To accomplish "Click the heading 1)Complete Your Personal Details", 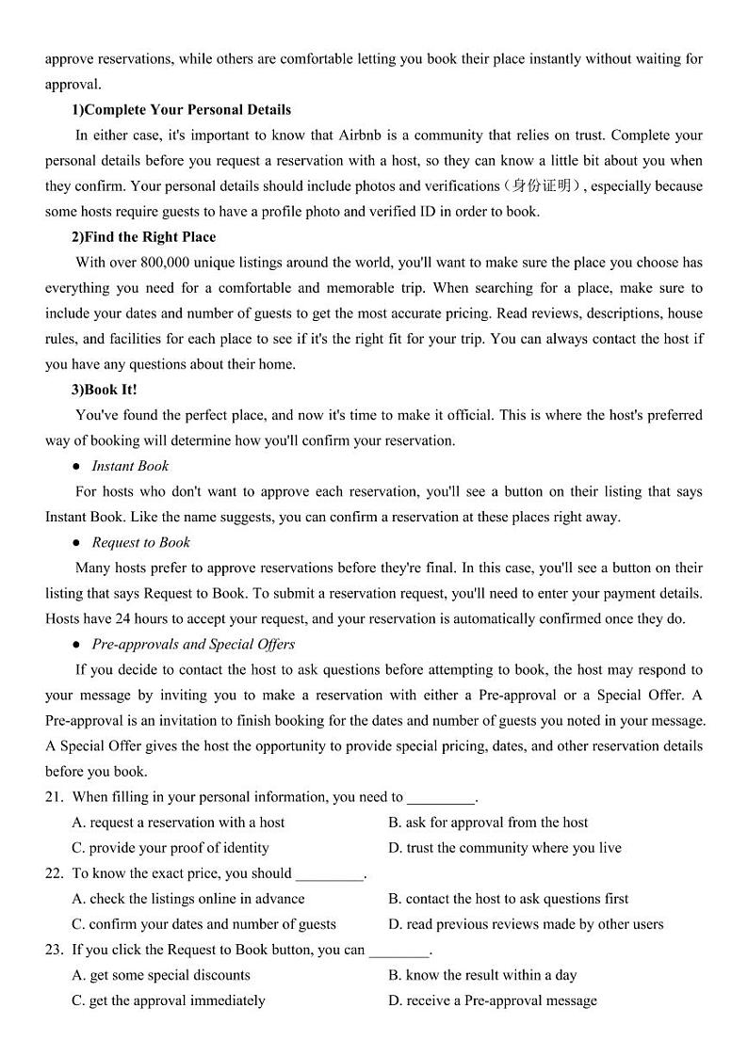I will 182,110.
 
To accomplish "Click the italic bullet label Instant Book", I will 130,466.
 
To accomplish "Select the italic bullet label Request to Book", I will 140,542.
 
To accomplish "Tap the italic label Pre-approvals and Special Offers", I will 193,645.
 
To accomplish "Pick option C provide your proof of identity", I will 171,848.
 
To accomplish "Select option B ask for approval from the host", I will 488,823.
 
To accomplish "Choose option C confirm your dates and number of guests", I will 203,924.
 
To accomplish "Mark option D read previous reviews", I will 526,924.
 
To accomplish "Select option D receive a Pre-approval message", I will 492,1000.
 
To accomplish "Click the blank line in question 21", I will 441,798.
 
